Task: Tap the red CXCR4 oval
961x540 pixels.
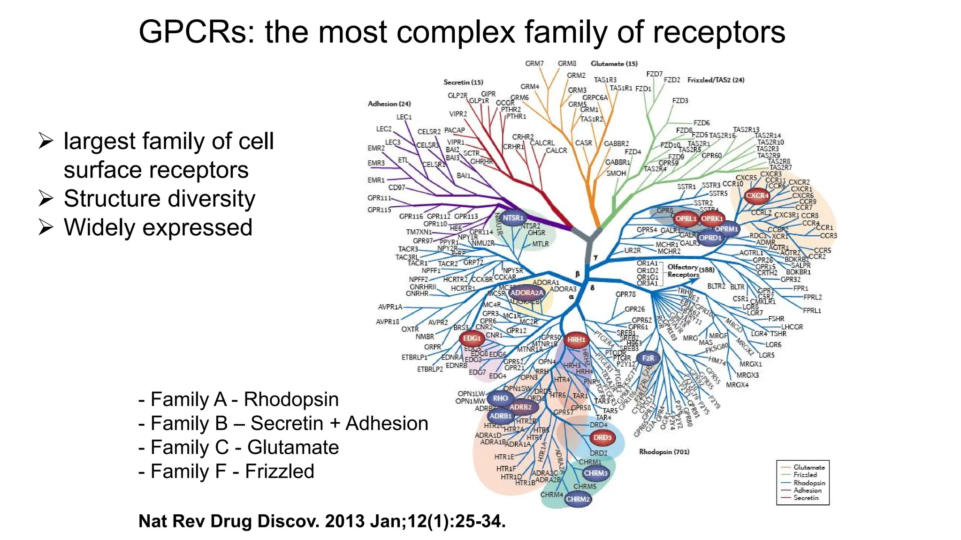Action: (757, 195)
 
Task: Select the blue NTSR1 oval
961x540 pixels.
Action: (512, 218)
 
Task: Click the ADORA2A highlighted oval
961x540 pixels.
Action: (526, 293)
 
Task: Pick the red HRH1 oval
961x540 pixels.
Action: (576, 339)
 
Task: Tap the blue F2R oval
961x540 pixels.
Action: (648, 358)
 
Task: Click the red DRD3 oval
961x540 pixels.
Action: (602, 437)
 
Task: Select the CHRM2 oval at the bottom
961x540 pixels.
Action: (578, 499)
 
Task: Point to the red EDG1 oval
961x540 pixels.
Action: (472, 338)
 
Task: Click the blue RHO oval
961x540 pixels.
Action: (500, 398)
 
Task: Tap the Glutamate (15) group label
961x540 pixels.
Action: (614, 64)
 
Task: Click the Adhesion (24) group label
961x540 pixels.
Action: (389, 104)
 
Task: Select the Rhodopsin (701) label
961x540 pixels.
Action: (664, 452)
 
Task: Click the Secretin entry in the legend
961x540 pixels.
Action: (806, 498)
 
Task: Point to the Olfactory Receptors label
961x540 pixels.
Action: (683, 270)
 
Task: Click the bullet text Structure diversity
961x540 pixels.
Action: (159, 199)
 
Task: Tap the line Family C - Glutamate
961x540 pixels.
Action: (238, 447)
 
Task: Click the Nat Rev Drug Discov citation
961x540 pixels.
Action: (322, 521)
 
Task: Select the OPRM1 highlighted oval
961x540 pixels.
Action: (726, 229)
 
